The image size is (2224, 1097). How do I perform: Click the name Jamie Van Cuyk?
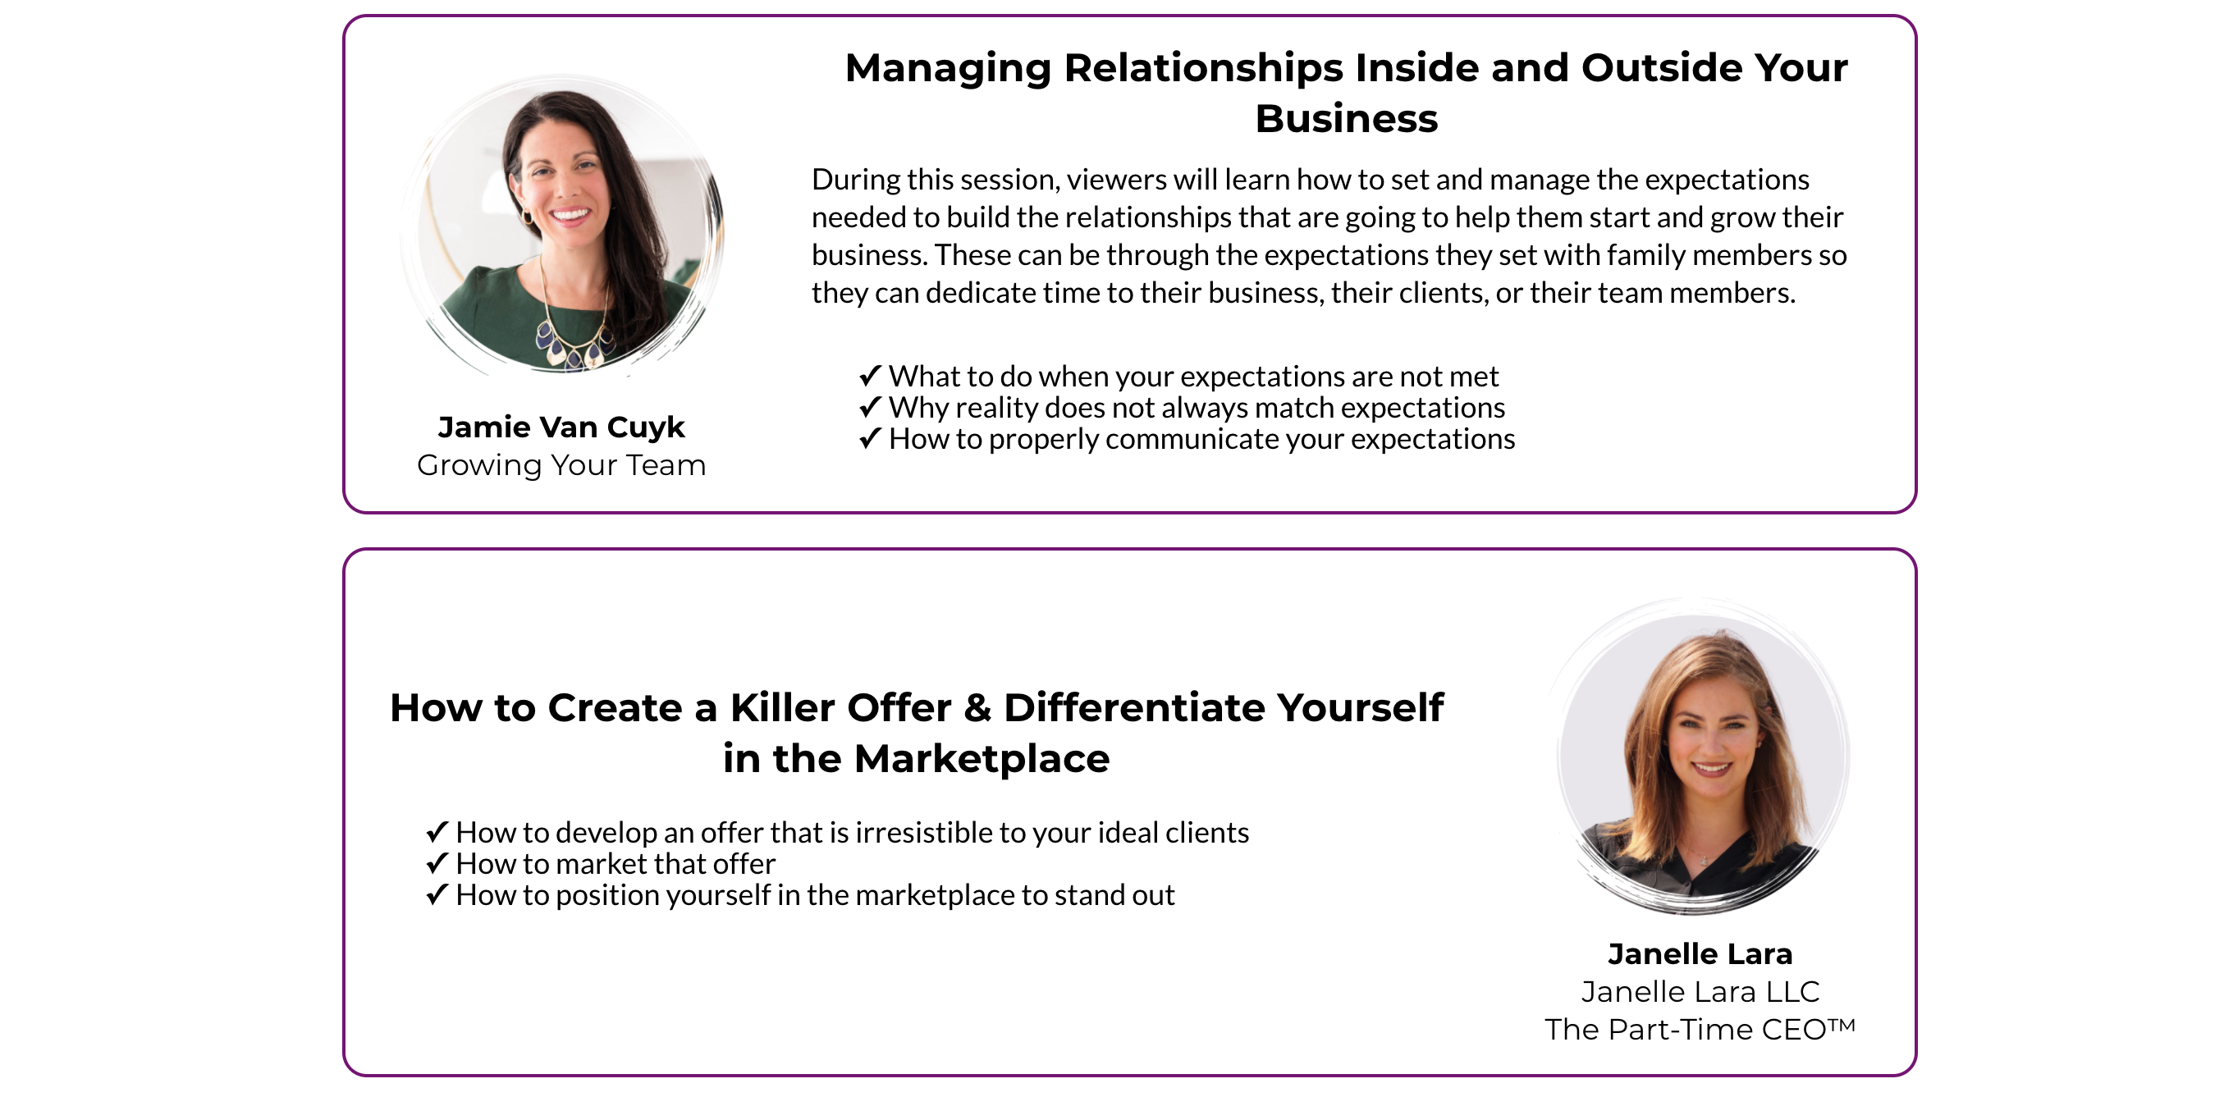coord(561,427)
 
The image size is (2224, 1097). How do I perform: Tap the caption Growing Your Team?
coord(561,465)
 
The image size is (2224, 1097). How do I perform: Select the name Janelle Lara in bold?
coord(1700,953)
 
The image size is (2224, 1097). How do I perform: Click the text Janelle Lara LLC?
coord(1700,992)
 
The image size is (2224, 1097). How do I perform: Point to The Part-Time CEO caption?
coord(1700,1029)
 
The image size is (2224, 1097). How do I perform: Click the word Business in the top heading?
coord(1347,118)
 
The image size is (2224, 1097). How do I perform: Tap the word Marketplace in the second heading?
coord(982,759)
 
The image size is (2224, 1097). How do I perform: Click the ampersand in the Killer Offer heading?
coord(977,708)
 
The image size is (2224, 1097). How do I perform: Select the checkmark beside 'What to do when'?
coord(870,376)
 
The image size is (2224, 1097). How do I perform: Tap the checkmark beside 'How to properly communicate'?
coord(870,438)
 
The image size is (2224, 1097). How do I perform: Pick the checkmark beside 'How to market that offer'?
coord(437,863)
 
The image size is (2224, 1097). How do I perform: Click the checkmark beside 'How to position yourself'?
coord(437,894)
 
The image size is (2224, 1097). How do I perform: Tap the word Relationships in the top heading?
coord(1202,68)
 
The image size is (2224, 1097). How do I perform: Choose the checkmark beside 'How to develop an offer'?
coord(437,831)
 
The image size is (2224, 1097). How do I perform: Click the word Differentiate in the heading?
coord(1135,708)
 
